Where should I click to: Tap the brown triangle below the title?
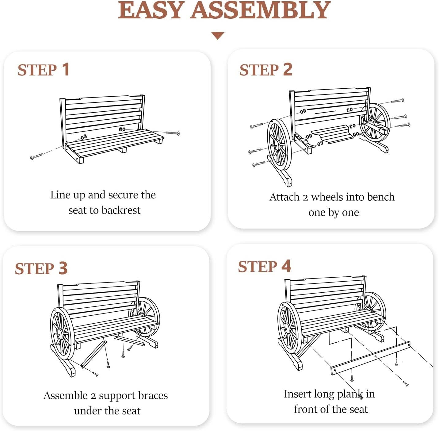(218, 36)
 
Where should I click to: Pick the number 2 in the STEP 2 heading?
(288, 69)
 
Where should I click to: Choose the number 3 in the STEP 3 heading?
(63, 268)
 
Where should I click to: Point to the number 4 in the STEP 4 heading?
(286, 266)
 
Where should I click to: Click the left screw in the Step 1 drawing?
(37, 157)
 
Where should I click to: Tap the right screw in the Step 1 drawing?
(173, 133)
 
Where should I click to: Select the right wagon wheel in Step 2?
(375, 123)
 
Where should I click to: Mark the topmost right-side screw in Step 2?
(397, 101)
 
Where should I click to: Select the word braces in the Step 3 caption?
(152, 396)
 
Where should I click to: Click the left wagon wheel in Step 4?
(289, 328)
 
